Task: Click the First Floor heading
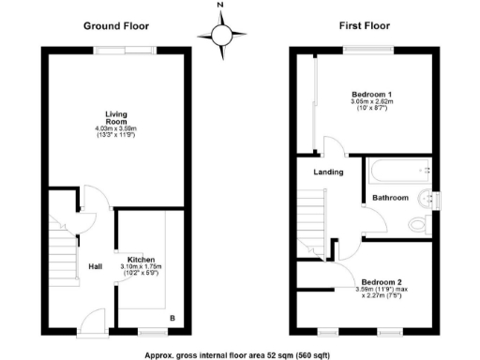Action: (x=364, y=26)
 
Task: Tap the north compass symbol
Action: (x=221, y=35)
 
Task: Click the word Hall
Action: (x=97, y=265)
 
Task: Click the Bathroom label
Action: (x=389, y=198)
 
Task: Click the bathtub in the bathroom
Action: (x=399, y=171)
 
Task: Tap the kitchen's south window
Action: (x=149, y=332)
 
